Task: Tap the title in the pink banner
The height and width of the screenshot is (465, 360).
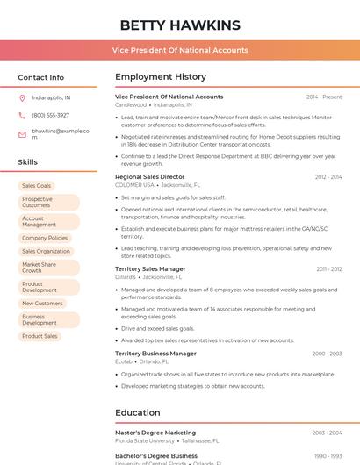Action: [180, 50]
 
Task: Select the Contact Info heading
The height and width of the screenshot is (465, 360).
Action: [40, 77]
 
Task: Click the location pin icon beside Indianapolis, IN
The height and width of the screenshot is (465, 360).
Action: [22, 98]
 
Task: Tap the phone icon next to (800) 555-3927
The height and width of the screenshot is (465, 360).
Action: [22, 115]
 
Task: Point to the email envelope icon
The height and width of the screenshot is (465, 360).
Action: [22, 133]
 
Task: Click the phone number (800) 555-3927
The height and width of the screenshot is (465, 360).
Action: [50, 115]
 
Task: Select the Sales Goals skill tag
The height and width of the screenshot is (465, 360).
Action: [37, 186]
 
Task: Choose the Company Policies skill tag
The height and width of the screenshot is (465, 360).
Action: [45, 238]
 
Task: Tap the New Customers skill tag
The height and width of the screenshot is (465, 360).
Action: [42, 304]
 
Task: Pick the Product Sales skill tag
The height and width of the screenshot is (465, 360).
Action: [40, 336]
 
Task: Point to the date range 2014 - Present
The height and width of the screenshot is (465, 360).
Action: [324, 97]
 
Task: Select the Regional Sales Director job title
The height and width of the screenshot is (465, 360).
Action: [149, 177]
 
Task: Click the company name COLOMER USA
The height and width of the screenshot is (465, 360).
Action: [134, 185]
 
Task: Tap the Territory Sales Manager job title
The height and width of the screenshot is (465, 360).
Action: [150, 268]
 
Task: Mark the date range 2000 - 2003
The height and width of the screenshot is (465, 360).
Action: [327, 354]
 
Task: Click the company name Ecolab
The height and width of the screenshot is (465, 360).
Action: [124, 361]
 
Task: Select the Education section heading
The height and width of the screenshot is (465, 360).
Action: [138, 412]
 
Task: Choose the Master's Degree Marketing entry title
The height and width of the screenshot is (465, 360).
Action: [155, 433]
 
